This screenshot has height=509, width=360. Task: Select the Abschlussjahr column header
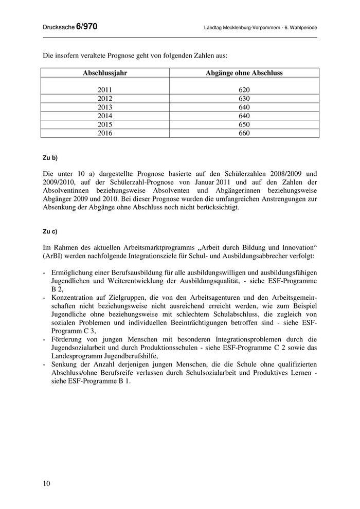pyautogui.click(x=105, y=73)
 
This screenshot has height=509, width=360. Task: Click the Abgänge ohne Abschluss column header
pyautogui.click(x=244, y=73)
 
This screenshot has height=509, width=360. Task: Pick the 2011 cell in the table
pyautogui.click(x=105, y=89)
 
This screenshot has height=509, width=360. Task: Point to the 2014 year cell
pyautogui.click(x=105, y=116)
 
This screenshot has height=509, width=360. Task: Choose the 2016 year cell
pyautogui.click(x=105, y=133)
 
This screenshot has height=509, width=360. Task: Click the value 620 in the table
pyautogui.click(x=244, y=89)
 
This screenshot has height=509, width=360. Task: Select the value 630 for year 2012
pyautogui.click(x=244, y=98)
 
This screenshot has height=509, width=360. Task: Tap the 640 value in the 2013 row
pyautogui.click(x=244, y=107)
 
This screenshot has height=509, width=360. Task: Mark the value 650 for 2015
pyautogui.click(x=244, y=124)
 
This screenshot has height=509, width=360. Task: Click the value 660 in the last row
pyautogui.click(x=244, y=133)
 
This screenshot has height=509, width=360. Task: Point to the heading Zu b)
pyautogui.click(x=50, y=157)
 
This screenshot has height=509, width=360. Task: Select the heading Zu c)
pyautogui.click(x=50, y=231)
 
